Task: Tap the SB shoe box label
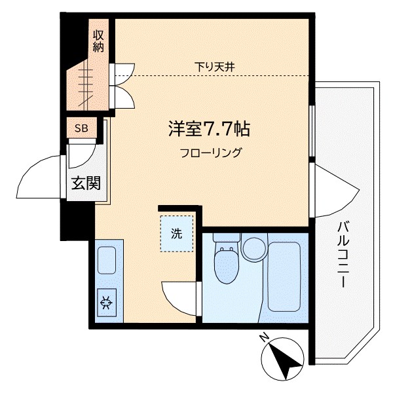[x=81, y=128]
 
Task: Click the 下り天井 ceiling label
[x=214, y=65]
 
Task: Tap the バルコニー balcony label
[x=343, y=255]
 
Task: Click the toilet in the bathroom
[x=224, y=264]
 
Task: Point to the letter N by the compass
[x=263, y=338]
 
